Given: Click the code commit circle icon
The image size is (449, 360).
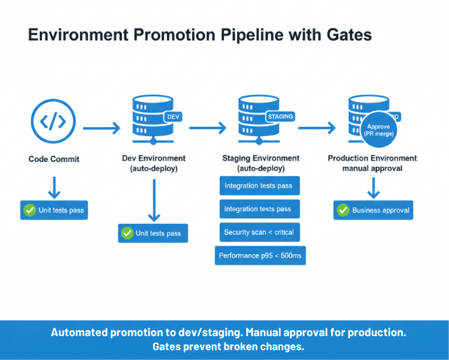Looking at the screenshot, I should point(53,121).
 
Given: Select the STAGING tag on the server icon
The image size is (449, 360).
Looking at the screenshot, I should point(280,116).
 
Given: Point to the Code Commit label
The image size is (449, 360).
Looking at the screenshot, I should point(54,159).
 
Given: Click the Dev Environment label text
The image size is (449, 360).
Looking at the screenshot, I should point(154,159).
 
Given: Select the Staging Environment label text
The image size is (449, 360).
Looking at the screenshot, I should point(260,159).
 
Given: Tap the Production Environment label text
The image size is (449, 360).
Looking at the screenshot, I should point(373,159).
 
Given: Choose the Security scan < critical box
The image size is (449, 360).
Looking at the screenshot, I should point(258,232).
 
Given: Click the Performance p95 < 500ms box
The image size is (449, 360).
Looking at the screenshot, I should point(260,255).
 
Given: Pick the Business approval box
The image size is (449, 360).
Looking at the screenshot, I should point(373,210).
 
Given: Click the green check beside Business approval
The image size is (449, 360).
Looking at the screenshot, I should point(343,210).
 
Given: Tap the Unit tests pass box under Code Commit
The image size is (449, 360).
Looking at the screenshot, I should point(54,210).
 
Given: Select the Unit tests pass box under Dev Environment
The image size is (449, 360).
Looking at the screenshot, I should point(153,233).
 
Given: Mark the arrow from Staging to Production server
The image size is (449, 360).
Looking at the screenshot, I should point(317,128).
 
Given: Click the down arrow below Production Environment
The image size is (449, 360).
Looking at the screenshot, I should point(373,187).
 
